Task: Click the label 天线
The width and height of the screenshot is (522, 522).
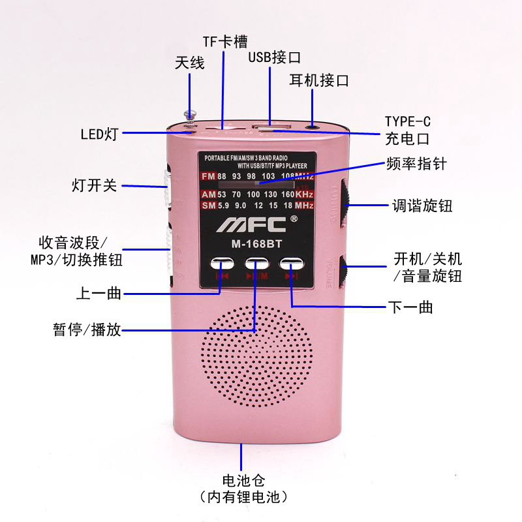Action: coord(190,63)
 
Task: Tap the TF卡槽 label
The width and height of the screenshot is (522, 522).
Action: coord(225,42)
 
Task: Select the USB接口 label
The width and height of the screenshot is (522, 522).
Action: coord(274,57)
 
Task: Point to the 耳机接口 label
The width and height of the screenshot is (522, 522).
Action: coord(319,81)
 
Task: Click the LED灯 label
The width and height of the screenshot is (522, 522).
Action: coord(99,134)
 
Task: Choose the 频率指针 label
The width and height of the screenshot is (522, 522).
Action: coord(417,164)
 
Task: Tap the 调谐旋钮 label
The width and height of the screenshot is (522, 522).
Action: coord(422,206)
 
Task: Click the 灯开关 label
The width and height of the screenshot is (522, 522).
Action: coord(94,185)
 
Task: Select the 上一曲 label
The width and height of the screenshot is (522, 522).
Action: coord(99,294)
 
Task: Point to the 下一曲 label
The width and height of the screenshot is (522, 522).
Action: coord(410,307)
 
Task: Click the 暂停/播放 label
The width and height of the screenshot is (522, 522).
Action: coord(87,330)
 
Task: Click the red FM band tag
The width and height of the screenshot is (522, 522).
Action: coord(208,177)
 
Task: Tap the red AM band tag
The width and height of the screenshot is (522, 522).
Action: coord(208,195)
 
